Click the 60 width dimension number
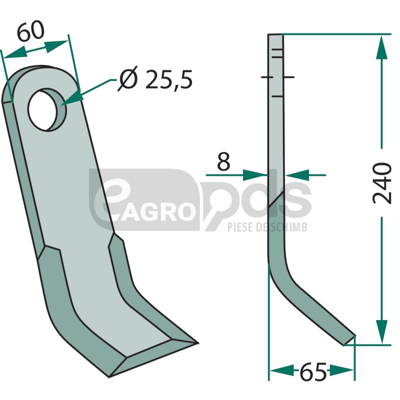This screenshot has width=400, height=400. tap(31, 31)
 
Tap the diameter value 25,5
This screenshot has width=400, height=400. tap(169, 79)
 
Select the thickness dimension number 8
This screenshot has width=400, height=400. tap(223, 161)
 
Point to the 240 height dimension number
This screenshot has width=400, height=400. tap(382, 182)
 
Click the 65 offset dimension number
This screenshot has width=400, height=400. tap(313, 371)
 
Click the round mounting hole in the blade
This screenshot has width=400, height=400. tap(47, 109)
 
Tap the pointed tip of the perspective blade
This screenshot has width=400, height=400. tap(198, 343)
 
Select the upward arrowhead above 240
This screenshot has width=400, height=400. tap(382, 47)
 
